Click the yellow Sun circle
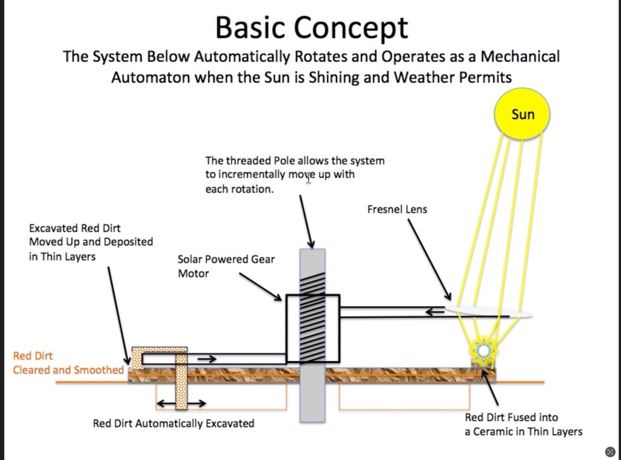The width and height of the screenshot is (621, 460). (x=522, y=114)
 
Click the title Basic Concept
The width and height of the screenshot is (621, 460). (x=311, y=28)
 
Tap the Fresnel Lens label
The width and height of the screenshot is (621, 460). (x=397, y=209)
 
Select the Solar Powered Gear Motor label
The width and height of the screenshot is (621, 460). (x=226, y=266)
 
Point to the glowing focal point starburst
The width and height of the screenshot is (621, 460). (x=483, y=351)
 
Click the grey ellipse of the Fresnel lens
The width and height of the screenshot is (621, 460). (x=488, y=311)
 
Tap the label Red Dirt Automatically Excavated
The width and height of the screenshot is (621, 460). (x=173, y=424)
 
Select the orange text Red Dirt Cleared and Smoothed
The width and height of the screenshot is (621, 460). (x=68, y=363)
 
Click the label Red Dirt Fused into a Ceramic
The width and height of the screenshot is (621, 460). (x=523, y=424)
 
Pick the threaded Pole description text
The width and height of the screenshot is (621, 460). (x=295, y=175)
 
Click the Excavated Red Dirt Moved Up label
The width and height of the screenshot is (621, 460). (x=91, y=242)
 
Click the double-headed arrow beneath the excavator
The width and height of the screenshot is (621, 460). (x=181, y=404)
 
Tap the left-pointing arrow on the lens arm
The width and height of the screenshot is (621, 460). (x=435, y=312)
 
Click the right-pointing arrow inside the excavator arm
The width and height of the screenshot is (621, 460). (x=207, y=359)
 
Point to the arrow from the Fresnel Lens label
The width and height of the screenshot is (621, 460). (x=430, y=260)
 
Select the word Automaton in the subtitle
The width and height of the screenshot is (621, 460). (x=150, y=77)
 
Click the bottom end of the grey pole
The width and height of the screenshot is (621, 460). (x=312, y=422)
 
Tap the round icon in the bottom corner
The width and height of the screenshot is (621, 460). (x=610, y=452)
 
